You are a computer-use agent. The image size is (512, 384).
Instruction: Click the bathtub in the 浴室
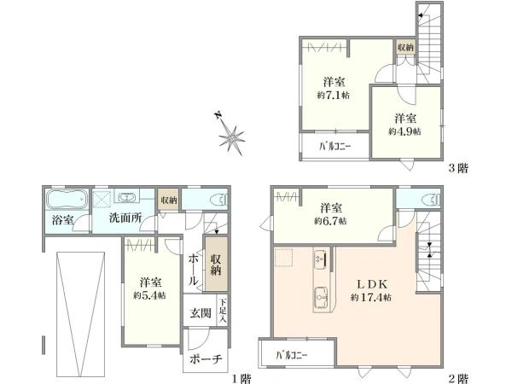click(x=67, y=199)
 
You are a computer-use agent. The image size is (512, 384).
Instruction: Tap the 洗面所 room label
click(x=125, y=218)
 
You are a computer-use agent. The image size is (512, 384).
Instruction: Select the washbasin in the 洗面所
click(x=126, y=197)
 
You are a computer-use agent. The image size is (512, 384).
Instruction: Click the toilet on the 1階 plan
click(x=220, y=200)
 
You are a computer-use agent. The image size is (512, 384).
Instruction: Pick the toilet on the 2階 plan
click(x=431, y=200)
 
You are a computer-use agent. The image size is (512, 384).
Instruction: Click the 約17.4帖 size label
click(x=371, y=298)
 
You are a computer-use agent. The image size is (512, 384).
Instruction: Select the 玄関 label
click(x=201, y=313)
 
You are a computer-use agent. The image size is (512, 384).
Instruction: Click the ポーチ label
click(x=206, y=359)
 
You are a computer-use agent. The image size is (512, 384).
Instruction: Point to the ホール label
click(x=193, y=270)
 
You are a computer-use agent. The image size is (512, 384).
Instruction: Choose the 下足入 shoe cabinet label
click(x=223, y=311)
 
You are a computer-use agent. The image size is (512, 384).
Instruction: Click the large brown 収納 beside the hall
click(x=216, y=265)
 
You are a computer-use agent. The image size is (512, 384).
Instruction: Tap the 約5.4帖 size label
click(x=149, y=295)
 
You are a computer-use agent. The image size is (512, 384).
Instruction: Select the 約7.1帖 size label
click(x=334, y=96)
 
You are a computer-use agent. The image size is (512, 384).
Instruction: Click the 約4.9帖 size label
click(x=404, y=131)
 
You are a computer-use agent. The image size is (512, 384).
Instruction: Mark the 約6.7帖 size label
click(x=330, y=221)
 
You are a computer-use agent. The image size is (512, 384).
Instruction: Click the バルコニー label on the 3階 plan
click(x=335, y=146)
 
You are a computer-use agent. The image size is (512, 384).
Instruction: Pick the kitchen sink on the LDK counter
click(x=321, y=298)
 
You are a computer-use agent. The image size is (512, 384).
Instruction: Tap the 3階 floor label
click(x=458, y=168)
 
